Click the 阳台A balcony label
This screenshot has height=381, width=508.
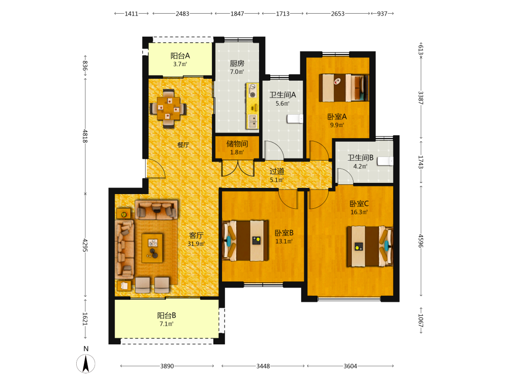pos(180,56)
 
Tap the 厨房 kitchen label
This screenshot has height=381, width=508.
pos(237,63)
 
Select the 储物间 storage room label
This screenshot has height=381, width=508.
pos(237,144)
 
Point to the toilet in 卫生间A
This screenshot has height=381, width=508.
pos(295,119)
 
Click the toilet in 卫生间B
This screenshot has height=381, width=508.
pos(385,161)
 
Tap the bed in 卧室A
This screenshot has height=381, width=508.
pos(344,88)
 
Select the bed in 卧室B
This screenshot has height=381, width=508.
pos(245,240)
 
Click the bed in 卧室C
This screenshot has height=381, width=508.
pos(370,246)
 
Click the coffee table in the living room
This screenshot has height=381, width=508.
pos(152,248)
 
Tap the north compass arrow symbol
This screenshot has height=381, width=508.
pos(86,364)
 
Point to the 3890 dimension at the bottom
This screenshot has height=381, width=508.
pos(167,366)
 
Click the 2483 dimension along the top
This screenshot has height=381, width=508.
pos(182,14)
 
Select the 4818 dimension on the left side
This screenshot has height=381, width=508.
pos(85,136)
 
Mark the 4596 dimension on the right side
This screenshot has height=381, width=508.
pos(421,241)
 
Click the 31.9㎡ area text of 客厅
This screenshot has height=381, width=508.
pos(196,244)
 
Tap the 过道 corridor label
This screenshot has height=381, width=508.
pos(277,171)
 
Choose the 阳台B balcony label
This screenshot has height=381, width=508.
pos(167,315)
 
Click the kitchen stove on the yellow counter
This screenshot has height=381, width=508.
pos(252,90)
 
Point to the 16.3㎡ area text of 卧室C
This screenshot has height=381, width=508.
pos(359,212)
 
